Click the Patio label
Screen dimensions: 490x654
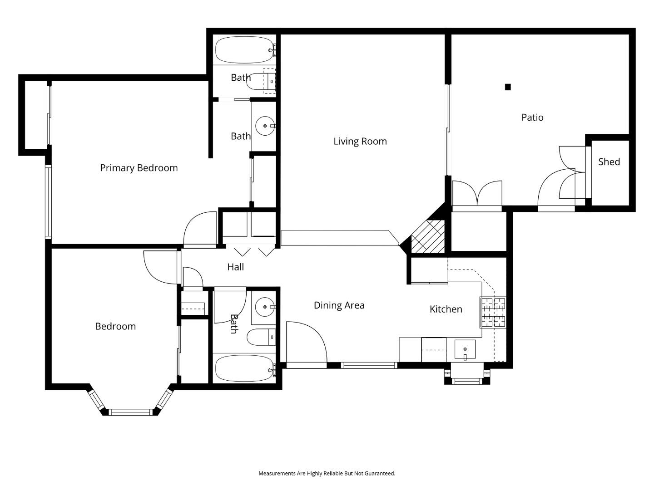532,118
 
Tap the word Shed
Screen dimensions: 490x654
609,162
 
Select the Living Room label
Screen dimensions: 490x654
360,141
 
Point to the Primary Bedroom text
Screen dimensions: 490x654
139,168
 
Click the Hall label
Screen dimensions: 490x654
235,267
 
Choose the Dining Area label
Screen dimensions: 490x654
339,305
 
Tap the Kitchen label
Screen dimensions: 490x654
446,309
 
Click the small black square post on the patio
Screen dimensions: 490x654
508,87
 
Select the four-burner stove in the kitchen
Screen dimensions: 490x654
493,312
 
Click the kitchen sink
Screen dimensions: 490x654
465,350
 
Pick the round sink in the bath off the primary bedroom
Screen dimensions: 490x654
264,126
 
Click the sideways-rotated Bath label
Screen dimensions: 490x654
233,323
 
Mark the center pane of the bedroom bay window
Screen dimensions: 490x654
130,412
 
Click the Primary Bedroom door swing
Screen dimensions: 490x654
200,229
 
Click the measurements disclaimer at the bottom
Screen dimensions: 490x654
327,473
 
